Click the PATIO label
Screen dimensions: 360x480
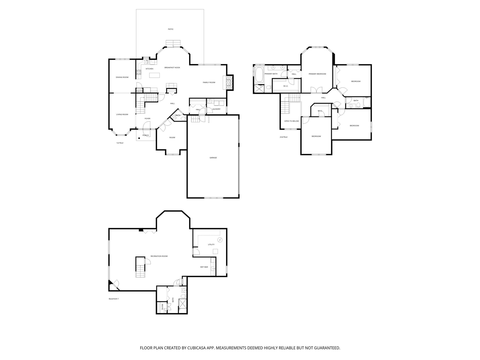click(x=171, y=29)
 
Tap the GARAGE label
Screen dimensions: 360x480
click(x=213, y=157)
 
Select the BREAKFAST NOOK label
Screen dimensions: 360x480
click(x=172, y=67)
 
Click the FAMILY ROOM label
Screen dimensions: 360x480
click(x=209, y=82)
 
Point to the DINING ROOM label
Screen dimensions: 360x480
click(x=122, y=77)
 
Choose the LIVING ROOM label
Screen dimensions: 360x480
click(x=122, y=114)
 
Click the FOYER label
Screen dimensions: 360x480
click(x=147, y=118)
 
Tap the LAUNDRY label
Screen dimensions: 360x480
click(x=216, y=109)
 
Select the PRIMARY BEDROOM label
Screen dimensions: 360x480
click(x=317, y=74)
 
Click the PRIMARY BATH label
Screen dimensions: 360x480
click(x=271, y=74)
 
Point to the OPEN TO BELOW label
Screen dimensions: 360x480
click(x=291, y=121)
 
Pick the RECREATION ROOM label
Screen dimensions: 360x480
click(x=159, y=256)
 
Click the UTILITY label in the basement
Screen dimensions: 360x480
click(x=211, y=244)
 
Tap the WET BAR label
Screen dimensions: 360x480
click(x=204, y=267)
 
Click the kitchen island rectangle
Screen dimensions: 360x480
click(x=154, y=75)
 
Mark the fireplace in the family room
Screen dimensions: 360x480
click(x=228, y=82)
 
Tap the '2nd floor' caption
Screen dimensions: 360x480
click(x=283, y=137)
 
